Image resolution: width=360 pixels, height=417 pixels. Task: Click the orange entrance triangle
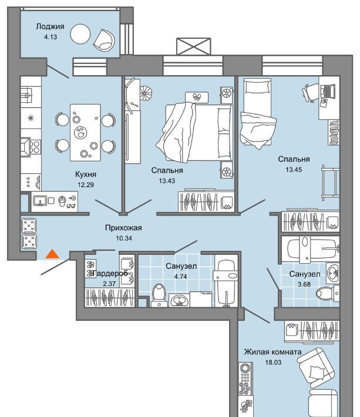tap(52, 254)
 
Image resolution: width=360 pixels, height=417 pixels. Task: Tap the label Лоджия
tap(50, 26)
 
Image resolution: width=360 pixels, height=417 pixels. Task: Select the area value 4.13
tap(51, 37)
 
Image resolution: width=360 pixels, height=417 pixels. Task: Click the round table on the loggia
tap(80, 34)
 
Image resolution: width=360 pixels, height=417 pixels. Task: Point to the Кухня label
tap(86, 174)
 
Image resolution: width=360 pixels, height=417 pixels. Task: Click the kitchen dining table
tap(85, 132)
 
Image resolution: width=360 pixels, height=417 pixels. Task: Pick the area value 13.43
tap(167, 181)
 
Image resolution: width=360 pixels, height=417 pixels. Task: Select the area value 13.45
tap(294, 170)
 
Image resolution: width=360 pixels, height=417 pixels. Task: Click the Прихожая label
tap(123, 228)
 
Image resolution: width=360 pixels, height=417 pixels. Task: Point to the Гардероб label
tap(110, 273)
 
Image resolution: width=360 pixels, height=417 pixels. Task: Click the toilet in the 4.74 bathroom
tap(159, 295)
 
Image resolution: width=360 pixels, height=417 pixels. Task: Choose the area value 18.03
tap(273, 362)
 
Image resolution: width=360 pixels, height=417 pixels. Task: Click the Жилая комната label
tap(273, 352)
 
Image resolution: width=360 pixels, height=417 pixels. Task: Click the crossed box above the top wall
tap(194, 46)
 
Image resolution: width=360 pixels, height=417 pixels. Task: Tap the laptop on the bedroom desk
tap(328, 91)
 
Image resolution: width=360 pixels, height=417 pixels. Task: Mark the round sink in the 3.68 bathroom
tap(332, 273)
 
